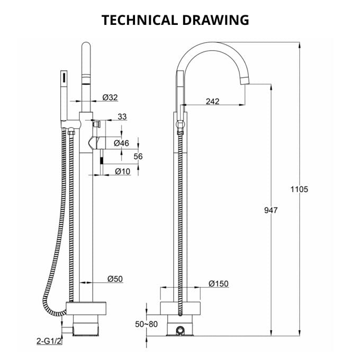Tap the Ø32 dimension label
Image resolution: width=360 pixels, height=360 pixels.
[x=110, y=97]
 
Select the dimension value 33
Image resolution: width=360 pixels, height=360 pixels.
[x=122, y=116]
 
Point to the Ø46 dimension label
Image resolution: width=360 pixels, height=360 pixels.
[x=122, y=143]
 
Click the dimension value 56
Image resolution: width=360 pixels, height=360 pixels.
[x=138, y=156]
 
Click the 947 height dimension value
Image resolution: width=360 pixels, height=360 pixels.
[x=271, y=210]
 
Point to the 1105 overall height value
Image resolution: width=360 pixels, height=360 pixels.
[x=299, y=189]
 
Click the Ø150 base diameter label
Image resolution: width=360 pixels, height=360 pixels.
[x=218, y=284]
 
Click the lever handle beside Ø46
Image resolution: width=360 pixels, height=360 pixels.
[x=95, y=142]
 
